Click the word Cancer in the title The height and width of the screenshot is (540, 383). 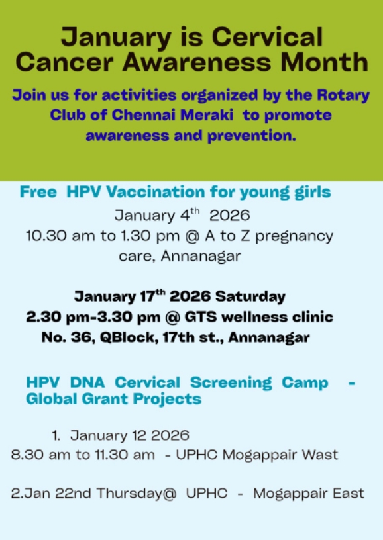[x=64, y=62]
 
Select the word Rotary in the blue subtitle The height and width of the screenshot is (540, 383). [x=343, y=95]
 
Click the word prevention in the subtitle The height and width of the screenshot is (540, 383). [x=252, y=136]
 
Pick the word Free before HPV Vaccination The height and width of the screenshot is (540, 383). [x=38, y=192]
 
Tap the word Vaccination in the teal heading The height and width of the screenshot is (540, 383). [x=156, y=192]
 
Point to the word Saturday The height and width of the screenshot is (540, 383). [x=250, y=297]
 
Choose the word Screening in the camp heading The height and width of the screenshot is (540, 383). [x=231, y=383]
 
